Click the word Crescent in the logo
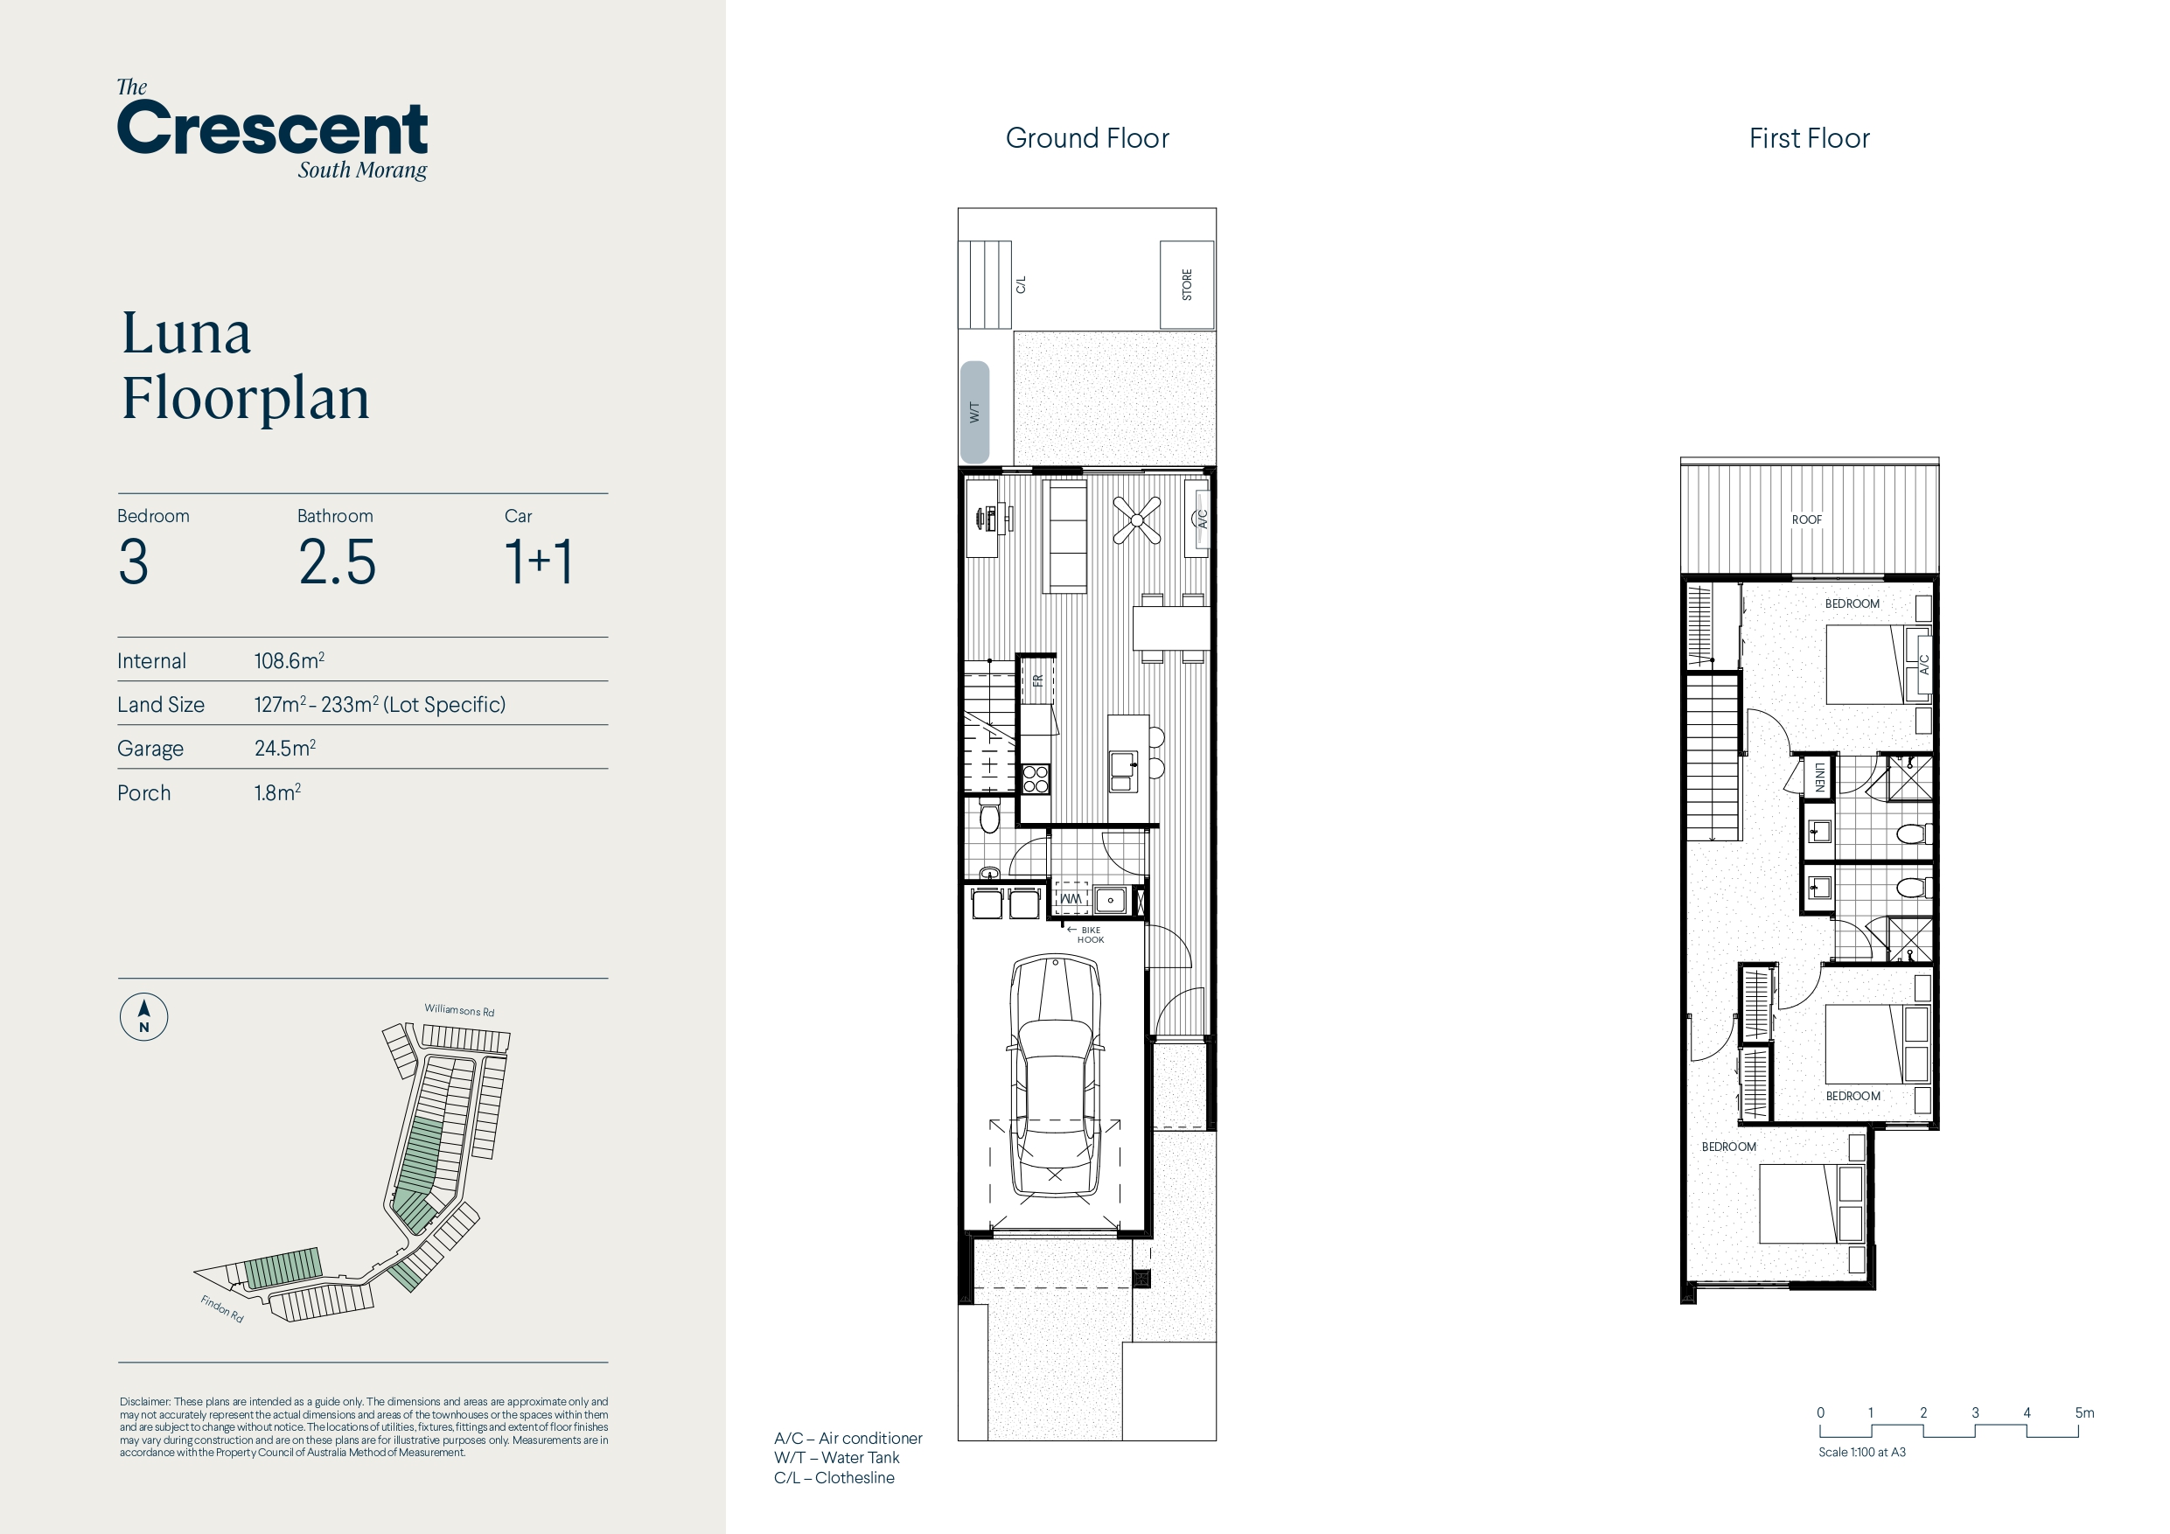click(272, 129)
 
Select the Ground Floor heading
click(1087, 138)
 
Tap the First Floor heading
click(1809, 138)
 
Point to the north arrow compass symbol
click(143, 1017)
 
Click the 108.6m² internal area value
click(290, 659)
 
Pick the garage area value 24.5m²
click(284, 748)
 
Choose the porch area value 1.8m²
click(277, 792)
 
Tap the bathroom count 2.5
click(338, 561)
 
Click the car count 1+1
click(539, 561)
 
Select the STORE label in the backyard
click(1187, 284)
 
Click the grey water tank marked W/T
click(974, 412)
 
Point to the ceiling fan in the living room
click(1137, 519)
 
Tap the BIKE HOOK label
click(1090, 935)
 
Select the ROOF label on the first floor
click(1806, 519)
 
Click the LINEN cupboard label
click(1818, 777)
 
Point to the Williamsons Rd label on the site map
click(459, 1010)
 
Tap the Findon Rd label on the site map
click(222, 1309)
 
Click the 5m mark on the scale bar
click(2084, 1413)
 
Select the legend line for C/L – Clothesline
click(834, 1477)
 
